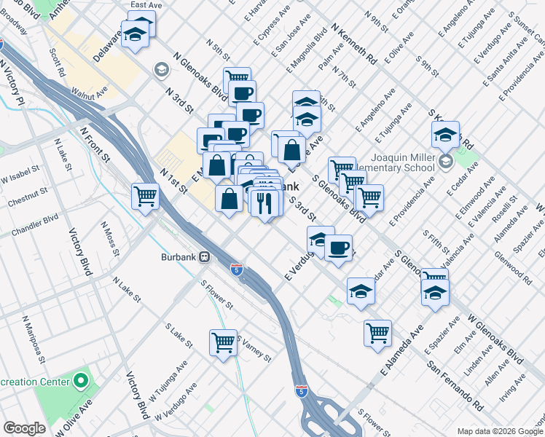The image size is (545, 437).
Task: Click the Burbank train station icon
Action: point(205,257)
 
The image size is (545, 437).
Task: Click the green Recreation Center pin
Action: point(81,380)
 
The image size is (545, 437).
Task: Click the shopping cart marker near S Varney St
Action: point(224,342)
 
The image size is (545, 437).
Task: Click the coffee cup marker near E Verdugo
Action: point(338,247)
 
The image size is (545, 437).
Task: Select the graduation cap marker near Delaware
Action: point(135,34)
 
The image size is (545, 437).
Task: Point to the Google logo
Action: point(24,428)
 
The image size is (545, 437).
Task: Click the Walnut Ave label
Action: point(89,92)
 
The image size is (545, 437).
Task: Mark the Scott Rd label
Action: point(58,64)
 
